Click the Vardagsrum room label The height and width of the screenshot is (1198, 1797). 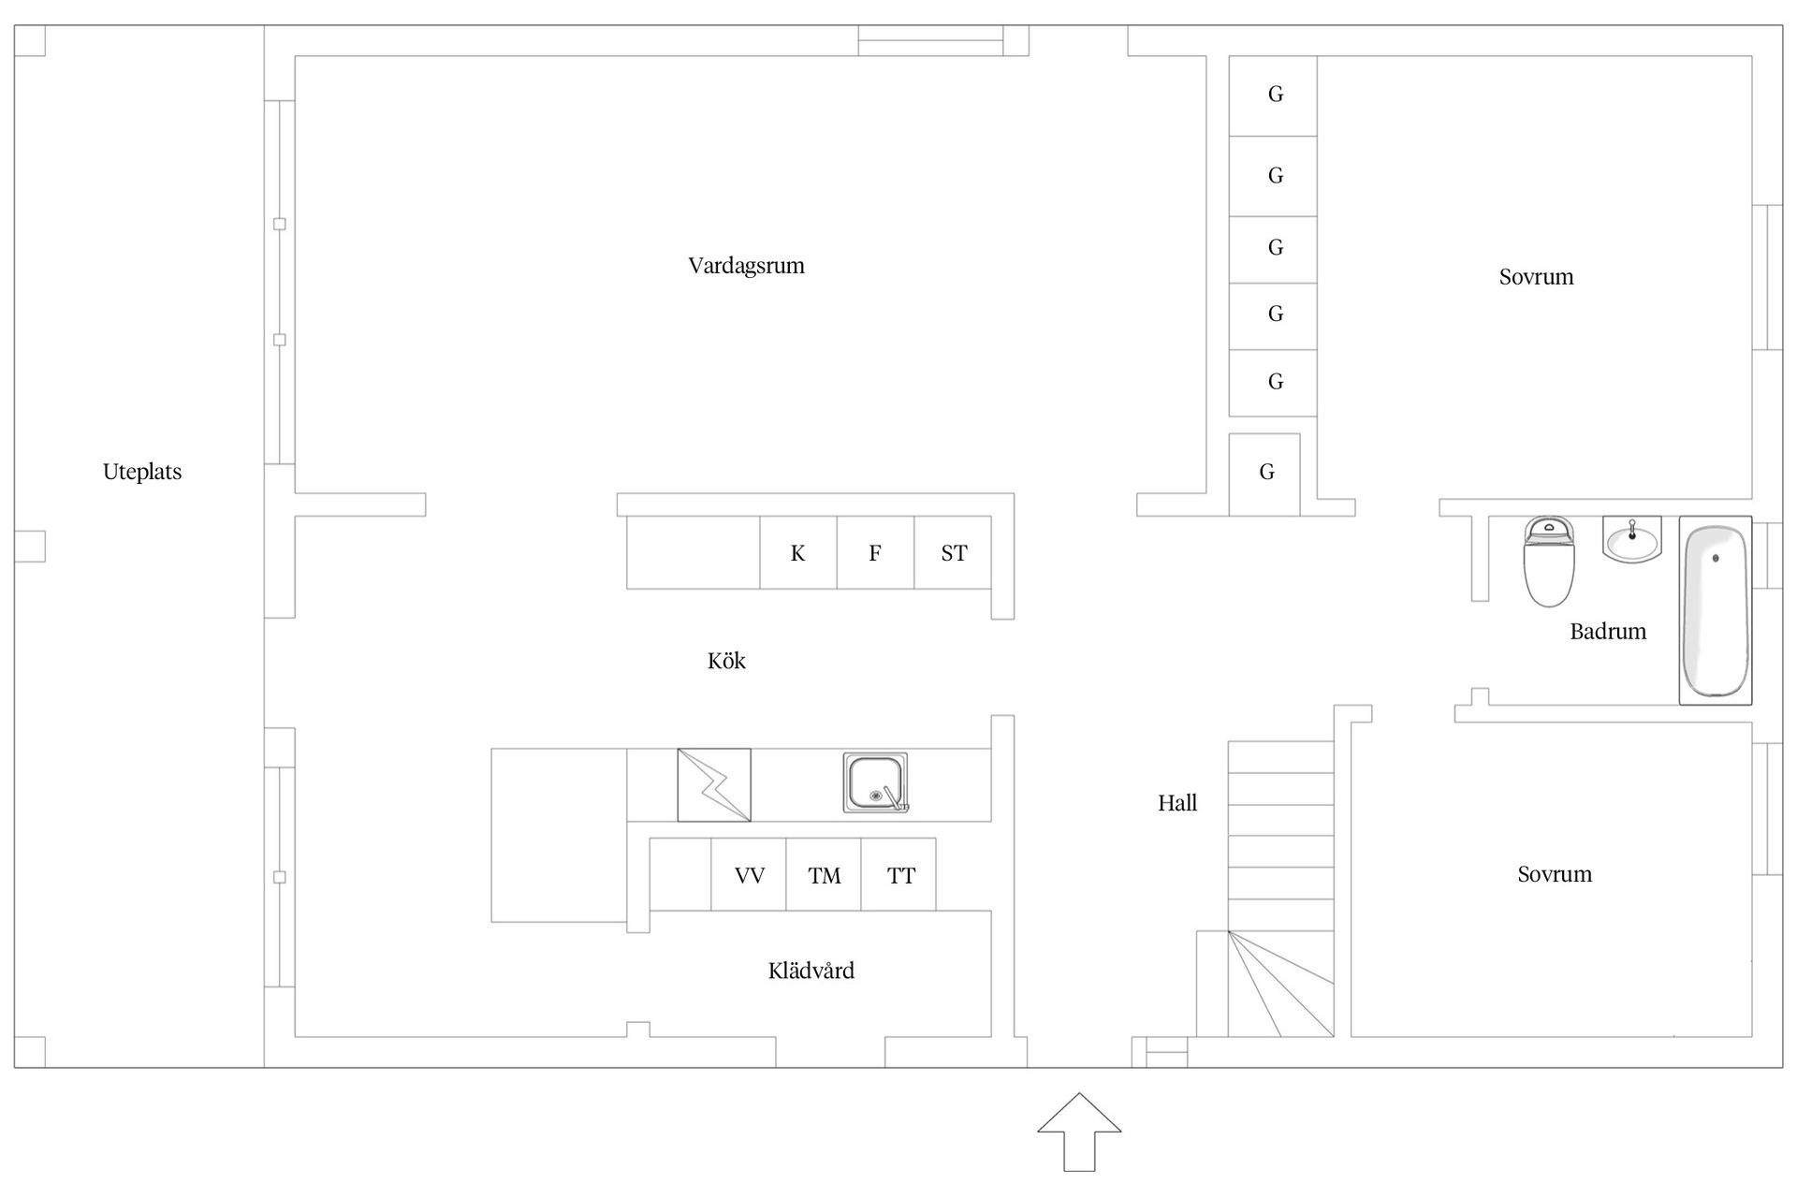coord(746,266)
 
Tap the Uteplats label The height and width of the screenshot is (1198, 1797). coord(142,472)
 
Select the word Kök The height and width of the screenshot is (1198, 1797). coord(726,662)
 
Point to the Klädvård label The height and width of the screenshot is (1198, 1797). coord(811,971)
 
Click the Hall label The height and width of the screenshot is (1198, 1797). coord(1176,803)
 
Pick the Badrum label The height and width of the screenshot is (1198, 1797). coord(1607,632)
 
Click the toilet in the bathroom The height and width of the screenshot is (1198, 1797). coord(1549,562)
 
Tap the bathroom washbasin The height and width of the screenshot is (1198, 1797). coord(1631,541)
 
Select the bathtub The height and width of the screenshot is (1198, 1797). coord(1715,610)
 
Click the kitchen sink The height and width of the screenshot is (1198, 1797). coord(875,783)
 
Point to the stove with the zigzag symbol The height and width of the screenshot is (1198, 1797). coord(714,784)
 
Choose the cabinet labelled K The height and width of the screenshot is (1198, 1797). coord(797,553)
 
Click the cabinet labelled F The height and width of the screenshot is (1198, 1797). coord(874,553)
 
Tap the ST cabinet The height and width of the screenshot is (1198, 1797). coord(953,553)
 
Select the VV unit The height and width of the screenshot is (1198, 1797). coord(749,875)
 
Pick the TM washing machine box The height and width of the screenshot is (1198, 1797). coord(824,875)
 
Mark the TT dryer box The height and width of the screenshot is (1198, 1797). coord(899,875)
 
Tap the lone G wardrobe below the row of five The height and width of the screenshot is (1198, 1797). coord(1264,474)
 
